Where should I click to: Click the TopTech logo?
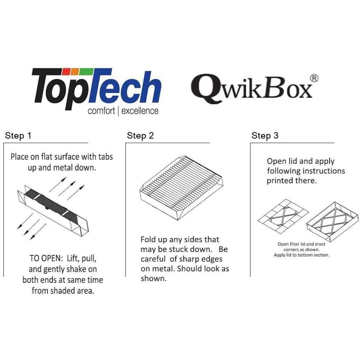(96, 92)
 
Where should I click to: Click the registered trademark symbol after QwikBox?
(314, 78)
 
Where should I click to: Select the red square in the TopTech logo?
(66, 72)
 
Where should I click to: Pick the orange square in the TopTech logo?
(75, 72)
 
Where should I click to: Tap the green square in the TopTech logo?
(86, 72)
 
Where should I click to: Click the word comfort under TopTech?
(101, 111)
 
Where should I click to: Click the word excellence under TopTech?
(140, 111)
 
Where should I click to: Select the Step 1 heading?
(18, 136)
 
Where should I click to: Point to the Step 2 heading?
(140, 136)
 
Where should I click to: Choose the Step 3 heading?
(265, 136)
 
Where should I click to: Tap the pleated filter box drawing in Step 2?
(182, 188)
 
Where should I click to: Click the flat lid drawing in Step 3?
(283, 216)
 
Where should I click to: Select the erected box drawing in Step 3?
(333, 222)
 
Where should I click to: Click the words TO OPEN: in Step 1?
(46, 258)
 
